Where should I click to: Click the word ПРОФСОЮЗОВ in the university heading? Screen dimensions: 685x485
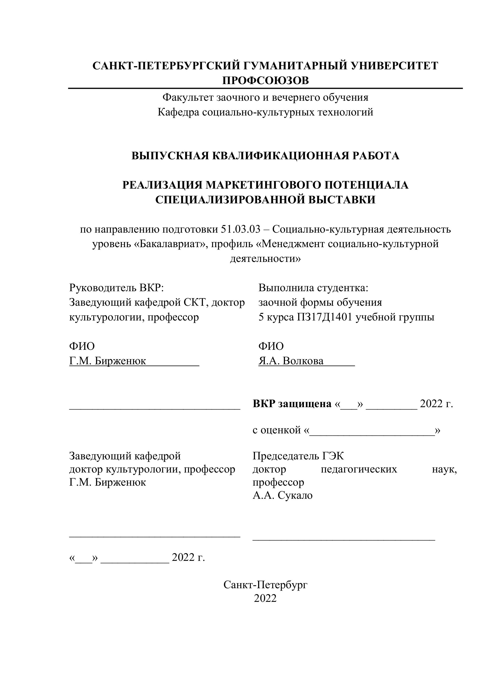pyautogui.click(x=265, y=80)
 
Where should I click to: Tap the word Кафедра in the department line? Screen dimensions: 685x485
pyautogui.click(x=178, y=112)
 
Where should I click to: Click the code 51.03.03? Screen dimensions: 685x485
pyautogui.click(x=241, y=229)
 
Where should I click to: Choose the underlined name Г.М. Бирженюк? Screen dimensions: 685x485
pyautogui.click(x=107, y=361)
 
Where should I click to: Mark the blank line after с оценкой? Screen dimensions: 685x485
pyautogui.click(x=372, y=431)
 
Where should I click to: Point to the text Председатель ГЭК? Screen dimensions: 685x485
pyautogui.click(x=298, y=456)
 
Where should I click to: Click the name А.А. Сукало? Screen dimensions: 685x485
pyautogui.click(x=283, y=495)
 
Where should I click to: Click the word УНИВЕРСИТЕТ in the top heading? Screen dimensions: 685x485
pyautogui.click(x=394, y=66)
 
